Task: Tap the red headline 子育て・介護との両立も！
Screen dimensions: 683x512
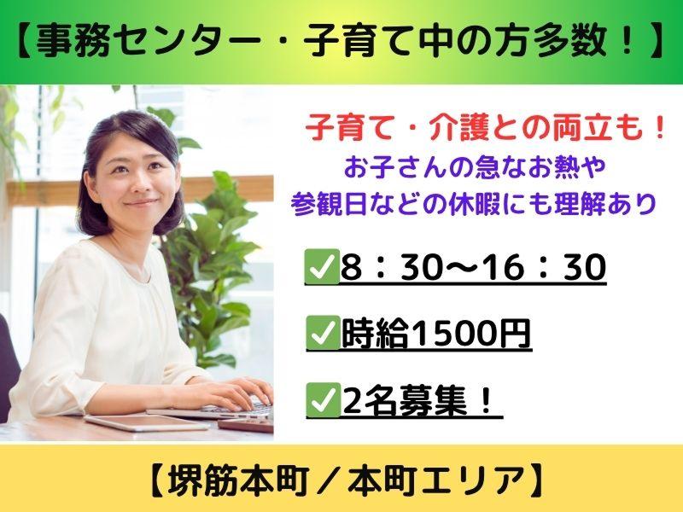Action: click(486, 130)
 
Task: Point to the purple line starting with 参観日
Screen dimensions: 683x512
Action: click(474, 204)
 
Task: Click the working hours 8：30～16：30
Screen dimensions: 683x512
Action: click(474, 266)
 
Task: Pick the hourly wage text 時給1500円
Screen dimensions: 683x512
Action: click(436, 335)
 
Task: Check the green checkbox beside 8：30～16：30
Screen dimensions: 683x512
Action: click(323, 266)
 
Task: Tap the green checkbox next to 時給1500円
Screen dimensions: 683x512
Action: click(323, 333)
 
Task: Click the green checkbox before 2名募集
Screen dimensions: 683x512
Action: click(323, 400)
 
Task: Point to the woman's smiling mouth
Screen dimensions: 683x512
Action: click(140, 203)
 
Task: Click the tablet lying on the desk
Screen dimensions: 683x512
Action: click(147, 422)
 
